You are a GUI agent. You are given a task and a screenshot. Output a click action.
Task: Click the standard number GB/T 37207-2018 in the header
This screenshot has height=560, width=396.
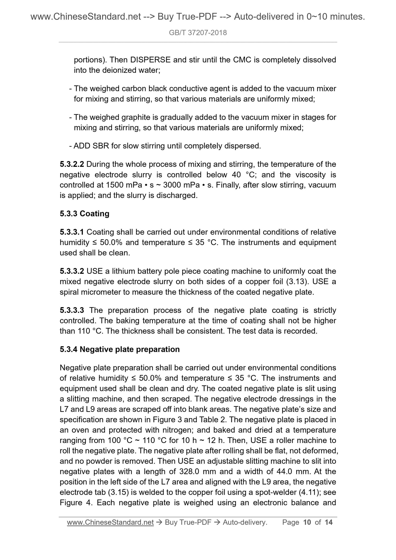(198, 33)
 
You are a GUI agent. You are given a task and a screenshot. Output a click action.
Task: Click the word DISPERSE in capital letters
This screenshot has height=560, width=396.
(150, 60)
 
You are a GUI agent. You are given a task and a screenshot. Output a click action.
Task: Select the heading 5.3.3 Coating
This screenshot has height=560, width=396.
(84, 214)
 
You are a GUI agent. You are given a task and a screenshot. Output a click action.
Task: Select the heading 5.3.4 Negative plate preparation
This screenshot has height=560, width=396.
(119, 350)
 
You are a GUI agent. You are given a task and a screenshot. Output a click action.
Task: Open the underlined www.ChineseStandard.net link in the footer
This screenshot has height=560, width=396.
(110, 523)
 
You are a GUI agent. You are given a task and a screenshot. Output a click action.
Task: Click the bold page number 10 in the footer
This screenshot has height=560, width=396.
(307, 523)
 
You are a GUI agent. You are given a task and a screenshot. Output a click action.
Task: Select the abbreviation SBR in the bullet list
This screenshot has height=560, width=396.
(101, 146)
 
